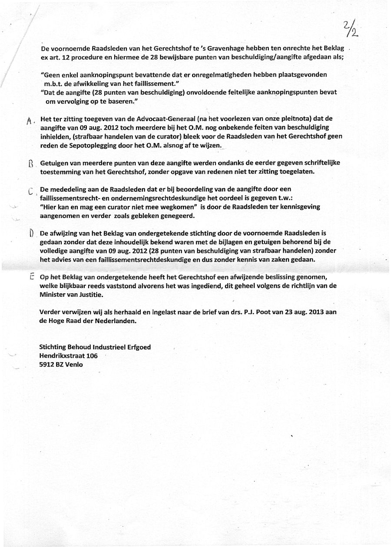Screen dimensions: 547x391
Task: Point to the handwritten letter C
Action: tap(30, 191)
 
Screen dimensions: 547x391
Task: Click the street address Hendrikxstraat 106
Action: tap(68, 356)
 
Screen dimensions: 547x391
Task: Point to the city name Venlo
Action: tap(74, 364)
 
